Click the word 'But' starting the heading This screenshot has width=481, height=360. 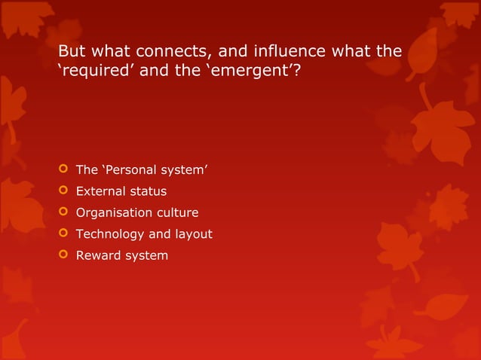coord(72,52)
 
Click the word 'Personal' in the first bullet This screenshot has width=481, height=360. coord(130,171)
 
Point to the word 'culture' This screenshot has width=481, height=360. coord(176,213)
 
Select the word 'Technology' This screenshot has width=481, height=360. coord(109,234)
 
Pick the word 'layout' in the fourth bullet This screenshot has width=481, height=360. coord(193,234)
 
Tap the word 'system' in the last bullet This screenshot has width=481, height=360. coord(147,255)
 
